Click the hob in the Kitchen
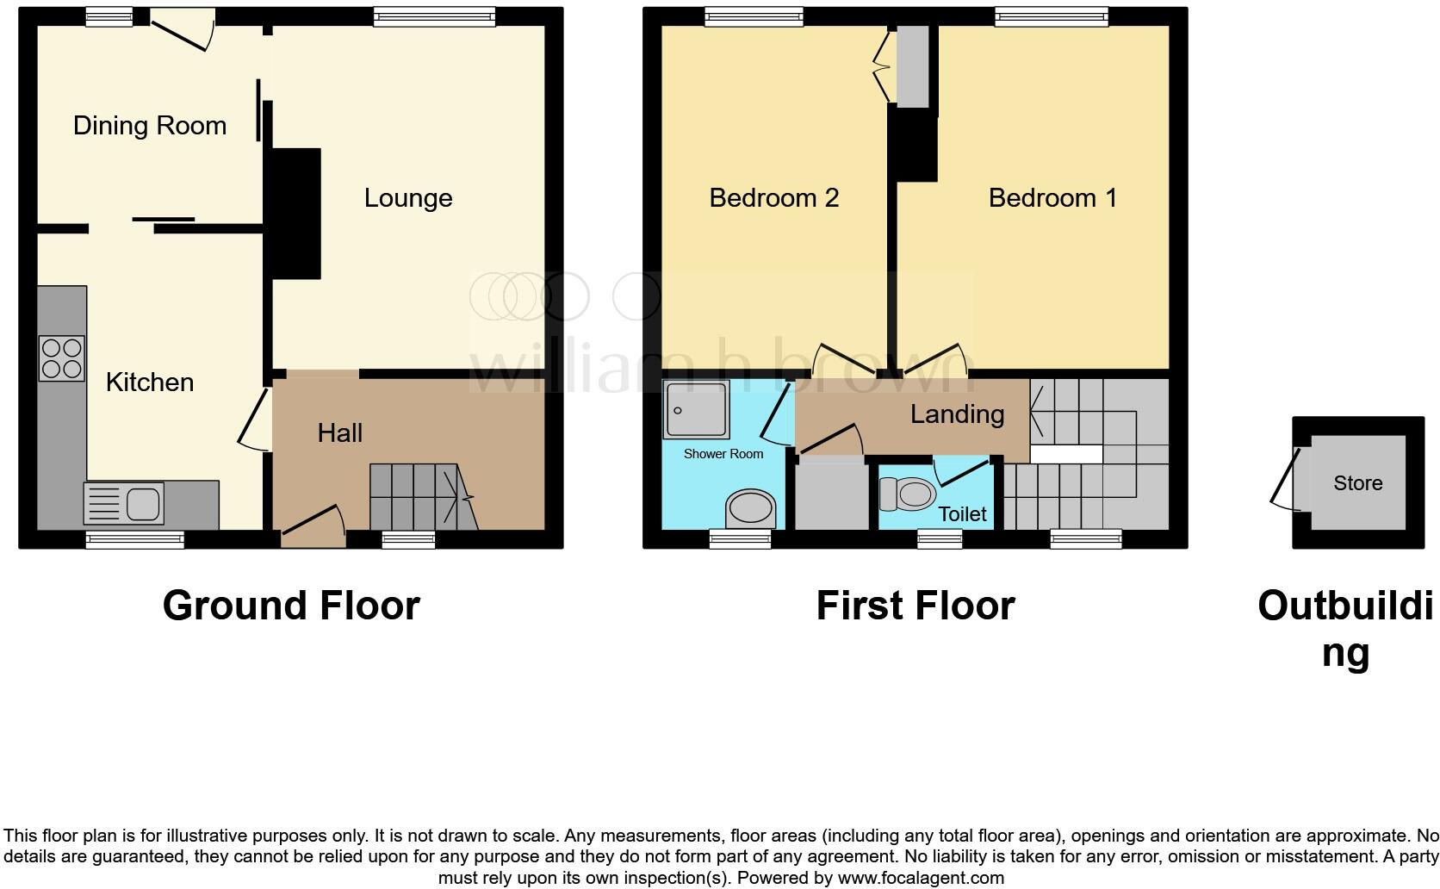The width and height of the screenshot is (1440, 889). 62,358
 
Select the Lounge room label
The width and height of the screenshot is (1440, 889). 407,198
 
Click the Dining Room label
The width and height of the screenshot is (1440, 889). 149,126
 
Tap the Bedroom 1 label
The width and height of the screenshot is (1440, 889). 1052,198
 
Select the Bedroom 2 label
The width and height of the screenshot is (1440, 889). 773,198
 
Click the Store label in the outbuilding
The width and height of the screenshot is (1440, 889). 1357,483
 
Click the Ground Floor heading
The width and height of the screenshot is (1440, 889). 291,606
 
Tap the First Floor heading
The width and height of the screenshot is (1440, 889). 915,606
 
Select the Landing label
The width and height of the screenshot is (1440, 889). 957,414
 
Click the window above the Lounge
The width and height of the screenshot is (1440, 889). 434,16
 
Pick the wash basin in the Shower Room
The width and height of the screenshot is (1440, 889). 751,508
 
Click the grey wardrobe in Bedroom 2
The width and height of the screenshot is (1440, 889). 913,67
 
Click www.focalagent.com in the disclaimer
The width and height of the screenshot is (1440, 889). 921,878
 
